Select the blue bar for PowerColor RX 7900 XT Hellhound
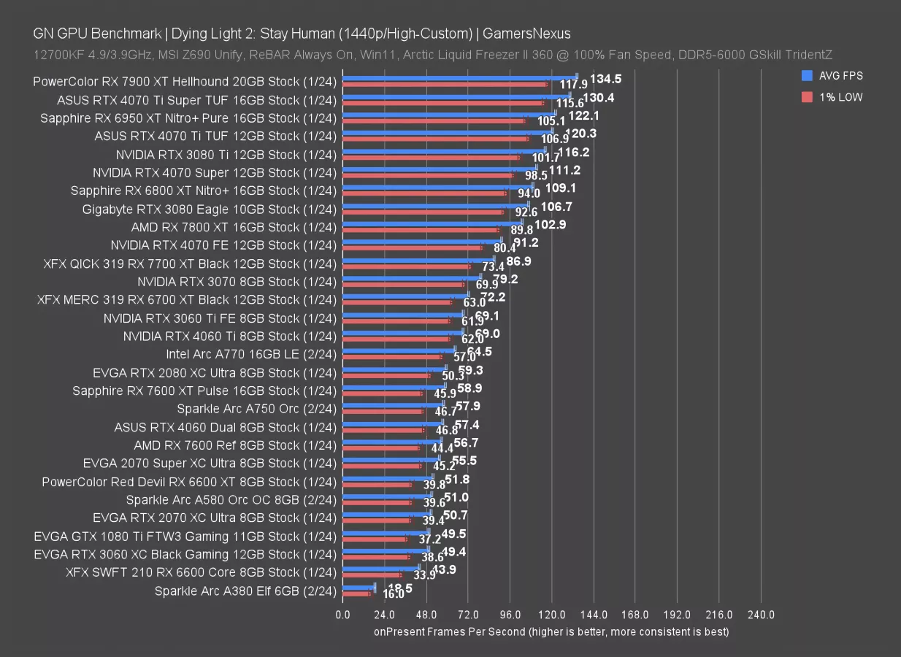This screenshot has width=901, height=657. pos(459,77)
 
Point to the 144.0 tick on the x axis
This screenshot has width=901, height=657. pos(594,615)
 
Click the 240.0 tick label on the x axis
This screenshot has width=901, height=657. pos(761,615)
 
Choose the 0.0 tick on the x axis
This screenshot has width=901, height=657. pos(342,615)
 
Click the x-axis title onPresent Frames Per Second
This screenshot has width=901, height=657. pos(551,631)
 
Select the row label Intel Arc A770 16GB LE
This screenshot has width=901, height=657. pos(251,354)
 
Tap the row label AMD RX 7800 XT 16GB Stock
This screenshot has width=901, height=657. pos(234,227)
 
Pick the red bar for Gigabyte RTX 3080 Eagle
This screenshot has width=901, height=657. pos(423,212)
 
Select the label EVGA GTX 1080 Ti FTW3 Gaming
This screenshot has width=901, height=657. pos(185,537)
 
